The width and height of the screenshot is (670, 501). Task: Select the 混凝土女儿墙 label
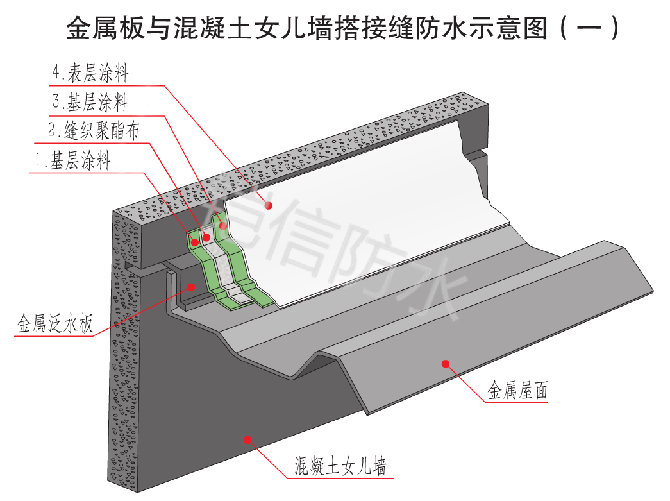pos(340,465)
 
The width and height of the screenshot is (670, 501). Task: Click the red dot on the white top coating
pos(270,205)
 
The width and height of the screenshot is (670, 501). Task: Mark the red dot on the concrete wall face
pos(247,439)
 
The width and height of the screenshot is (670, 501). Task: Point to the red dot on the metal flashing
pos(191,287)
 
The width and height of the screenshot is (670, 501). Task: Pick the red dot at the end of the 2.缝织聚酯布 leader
pos(206,237)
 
